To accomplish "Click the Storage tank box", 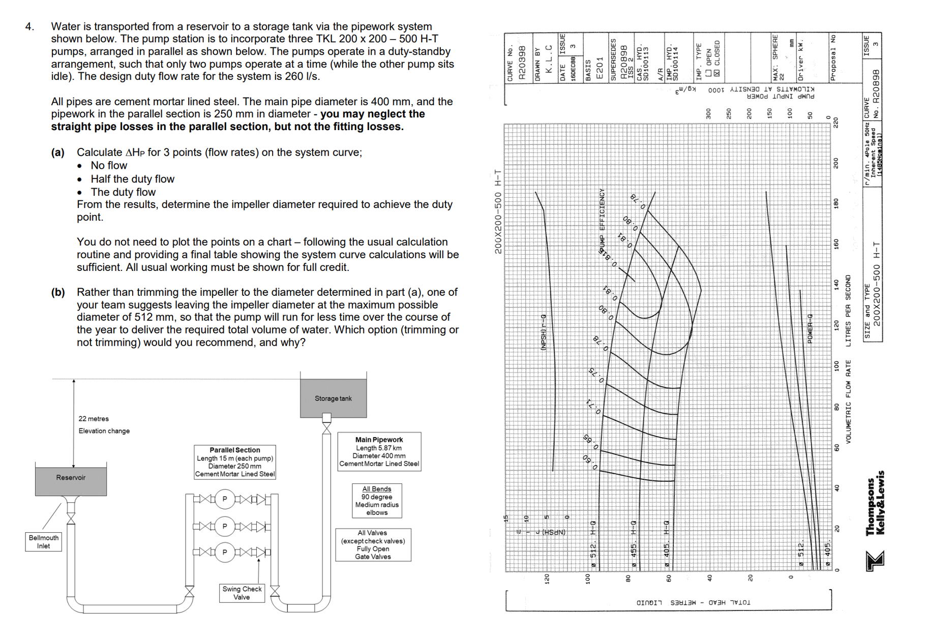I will click(333, 398).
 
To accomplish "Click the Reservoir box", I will click(71, 478).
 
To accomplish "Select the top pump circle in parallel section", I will click(224, 499).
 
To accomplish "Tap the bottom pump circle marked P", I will click(224, 552).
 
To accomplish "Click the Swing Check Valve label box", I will click(242, 593).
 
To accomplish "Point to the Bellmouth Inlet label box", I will click(43, 542).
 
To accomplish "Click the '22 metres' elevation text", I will click(94, 419).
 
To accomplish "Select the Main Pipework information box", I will click(379, 451).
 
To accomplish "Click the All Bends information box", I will click(377, 501).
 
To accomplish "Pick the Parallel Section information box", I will click(235, 462).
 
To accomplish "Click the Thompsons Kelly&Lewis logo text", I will click(876, 503).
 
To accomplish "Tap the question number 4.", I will click(29, 26).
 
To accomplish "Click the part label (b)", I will click(58, 292).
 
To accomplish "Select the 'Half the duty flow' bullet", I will click(132, 179).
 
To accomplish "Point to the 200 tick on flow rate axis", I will click(835, 163).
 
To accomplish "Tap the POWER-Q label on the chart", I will click(811, 328).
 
